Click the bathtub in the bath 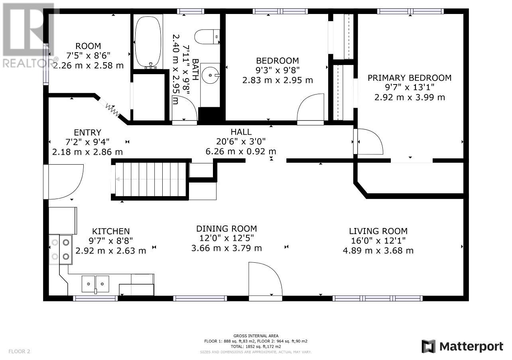click(148, 43)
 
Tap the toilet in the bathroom click(207, 37)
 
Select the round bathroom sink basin click(210, 75)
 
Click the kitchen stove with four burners click(61, 250)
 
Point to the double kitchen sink click(95, 284)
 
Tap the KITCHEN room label click(111, 231)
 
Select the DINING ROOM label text click(226, 229)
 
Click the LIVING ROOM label click(378, 231)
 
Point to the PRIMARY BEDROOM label click(410, 78)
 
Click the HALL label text click(241, 132)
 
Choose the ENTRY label click(88, 133)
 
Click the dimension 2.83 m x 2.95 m click(278, 80)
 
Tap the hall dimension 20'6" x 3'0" click(241, 142)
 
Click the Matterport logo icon click(428, 346)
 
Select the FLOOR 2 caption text click(19, 351)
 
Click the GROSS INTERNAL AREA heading click(256, 336)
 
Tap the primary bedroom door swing click(370, 142)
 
